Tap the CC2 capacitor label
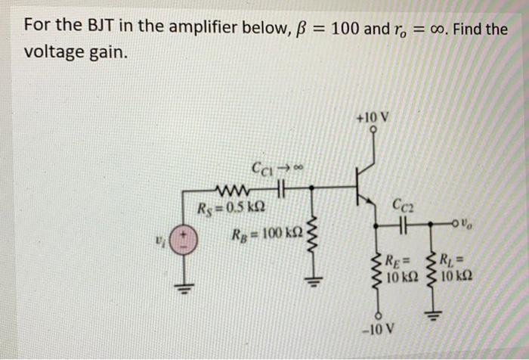pyautogui.click(x=403, y=203)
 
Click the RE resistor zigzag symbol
pyautogui.click(x=374, y=271)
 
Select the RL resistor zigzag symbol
pyautogui.click(x=433, y=271)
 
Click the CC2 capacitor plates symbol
pyautogui.click(x=403, y=225)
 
